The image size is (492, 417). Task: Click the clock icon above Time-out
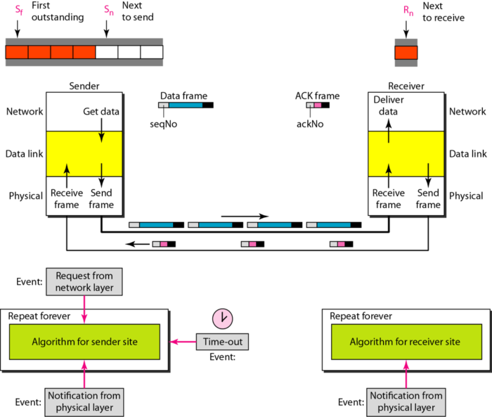tap(222, 318)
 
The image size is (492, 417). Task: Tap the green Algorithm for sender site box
tap(84, 342)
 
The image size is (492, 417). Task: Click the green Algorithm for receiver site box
tap(406, 342)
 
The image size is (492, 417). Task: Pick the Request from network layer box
tap(84, 281)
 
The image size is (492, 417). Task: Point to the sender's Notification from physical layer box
tap(84, 402)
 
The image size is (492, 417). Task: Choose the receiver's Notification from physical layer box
tap(406, 402)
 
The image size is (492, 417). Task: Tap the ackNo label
tap(309, 124)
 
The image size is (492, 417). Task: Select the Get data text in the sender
tap(102, 111)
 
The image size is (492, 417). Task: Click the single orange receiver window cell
tap(406, 52)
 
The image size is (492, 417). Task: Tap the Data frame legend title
tap(183, 96)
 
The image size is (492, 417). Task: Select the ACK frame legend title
tap(317, 96)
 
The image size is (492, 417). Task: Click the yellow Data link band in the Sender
tap(84, 154)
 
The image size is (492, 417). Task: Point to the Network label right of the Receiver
tap(467, 111)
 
